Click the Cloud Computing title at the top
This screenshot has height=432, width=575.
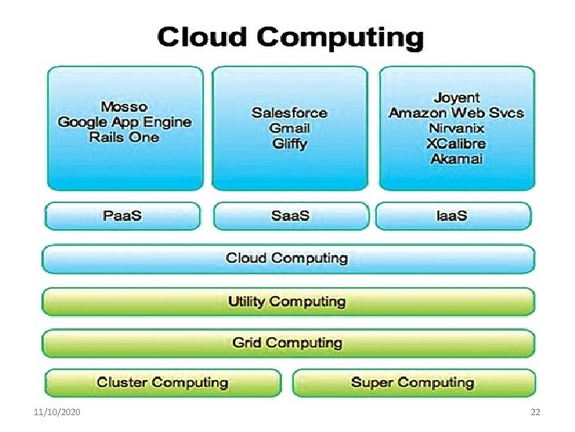[x=291, y=38]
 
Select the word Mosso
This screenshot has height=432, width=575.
[x=124, y=106]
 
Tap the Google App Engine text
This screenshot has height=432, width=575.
[x=125, y=122]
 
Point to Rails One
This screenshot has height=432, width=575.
[x=125, y=137]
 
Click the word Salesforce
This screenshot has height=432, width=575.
[x=289, y=113]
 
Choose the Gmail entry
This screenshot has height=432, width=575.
[x=289, y=128]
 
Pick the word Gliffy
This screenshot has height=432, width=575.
[x=289, y=144]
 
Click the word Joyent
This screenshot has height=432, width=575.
[x=456, y=98]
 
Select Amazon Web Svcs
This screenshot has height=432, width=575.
[x=456, y=113]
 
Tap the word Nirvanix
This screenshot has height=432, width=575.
[x=456, y=128]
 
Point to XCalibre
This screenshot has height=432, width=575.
[x=456, y=144]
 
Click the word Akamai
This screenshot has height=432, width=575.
[x=456, y=158]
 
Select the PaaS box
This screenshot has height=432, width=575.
[x=125, y=217]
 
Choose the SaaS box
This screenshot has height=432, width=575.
[x=290, y=217]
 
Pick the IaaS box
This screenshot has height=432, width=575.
[x=453, y=217]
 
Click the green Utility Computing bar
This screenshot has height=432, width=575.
[x=287, y=302]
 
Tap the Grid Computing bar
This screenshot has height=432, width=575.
[x=287, y=342]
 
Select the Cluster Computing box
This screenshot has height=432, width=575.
[x=163, y=382]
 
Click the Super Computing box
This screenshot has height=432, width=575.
[x=413, y=382]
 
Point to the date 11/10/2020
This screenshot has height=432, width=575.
[x=57, y=412]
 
